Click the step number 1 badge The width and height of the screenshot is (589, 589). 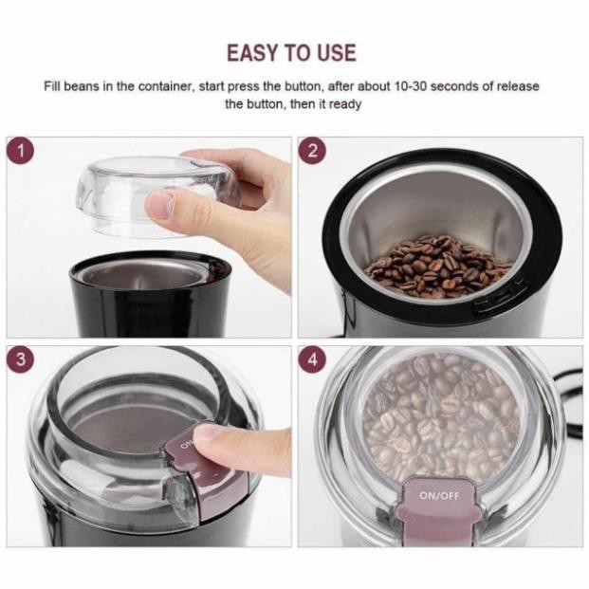click(21, 151)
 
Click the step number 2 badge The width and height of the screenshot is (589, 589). click(313, 151)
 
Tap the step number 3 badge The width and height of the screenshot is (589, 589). click(21, 359)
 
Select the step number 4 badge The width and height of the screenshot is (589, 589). click(313, 359)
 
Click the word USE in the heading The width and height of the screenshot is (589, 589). click(337, 52)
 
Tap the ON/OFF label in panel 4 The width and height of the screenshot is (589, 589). click(439, 496)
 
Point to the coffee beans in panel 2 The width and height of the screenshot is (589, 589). click(437, 267)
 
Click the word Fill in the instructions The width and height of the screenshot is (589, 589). click(52, 86)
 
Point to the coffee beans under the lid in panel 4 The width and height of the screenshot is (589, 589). click(441, 417)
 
